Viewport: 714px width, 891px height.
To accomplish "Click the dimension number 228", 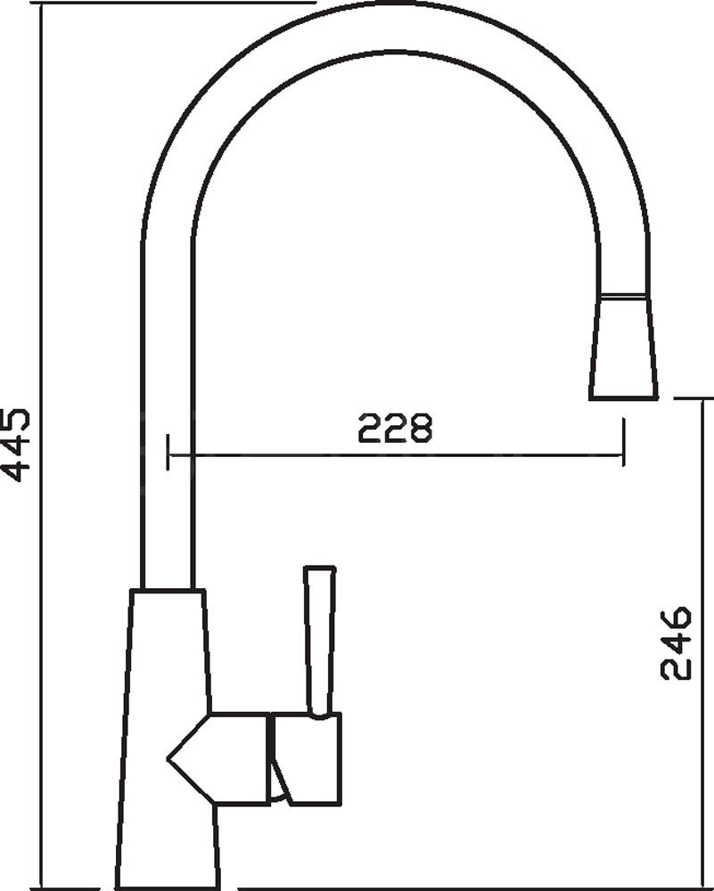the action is [395, 428].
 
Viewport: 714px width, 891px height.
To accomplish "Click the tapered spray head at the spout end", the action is [624, 347].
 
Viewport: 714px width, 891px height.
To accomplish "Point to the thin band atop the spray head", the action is [624, 296].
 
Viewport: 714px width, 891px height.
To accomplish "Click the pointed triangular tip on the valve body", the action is [168, 758].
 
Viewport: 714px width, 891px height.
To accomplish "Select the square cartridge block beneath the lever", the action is [306, 759].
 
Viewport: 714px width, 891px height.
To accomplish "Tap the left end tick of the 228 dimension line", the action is [168, 453].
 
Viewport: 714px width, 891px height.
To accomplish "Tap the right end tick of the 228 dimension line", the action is [624, 442].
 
